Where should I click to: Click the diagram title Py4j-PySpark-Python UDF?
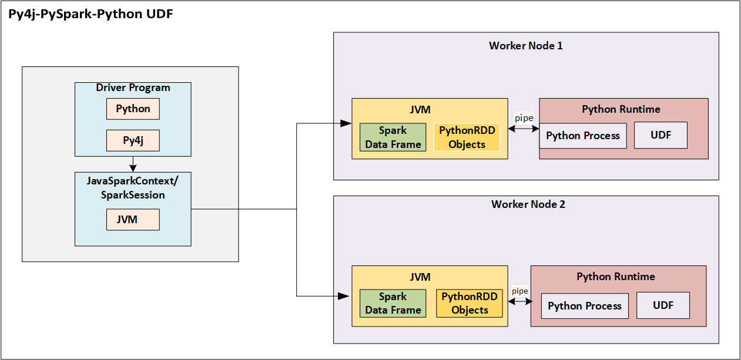[x=90, y=15]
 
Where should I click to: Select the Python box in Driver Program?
[x=133, y=109]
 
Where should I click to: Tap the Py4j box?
[x=133, y=140]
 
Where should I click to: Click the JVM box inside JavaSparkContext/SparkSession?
[x=133, y=220]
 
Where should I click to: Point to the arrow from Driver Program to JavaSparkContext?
[x=133, y=164]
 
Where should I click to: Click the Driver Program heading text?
[x=133, y=88]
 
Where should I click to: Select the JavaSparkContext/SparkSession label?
[x=133, y=187]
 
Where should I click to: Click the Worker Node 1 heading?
[x=525, y=45]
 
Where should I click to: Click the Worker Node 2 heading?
[x=528, y=204]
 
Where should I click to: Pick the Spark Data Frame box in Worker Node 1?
[x=393, y=137]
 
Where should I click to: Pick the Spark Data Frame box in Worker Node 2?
[x=393, y=303]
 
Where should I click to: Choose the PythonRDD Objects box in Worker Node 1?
[x=467, y=137]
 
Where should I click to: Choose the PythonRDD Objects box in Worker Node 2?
[x=469, y=303]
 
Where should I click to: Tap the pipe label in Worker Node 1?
[x=524, y=118]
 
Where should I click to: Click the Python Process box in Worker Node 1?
[x=583, y=136]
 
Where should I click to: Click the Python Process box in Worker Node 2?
[x=585, y=306]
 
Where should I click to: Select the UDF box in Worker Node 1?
[x=660, y=136]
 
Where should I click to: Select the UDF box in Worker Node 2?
[x=663, y=306]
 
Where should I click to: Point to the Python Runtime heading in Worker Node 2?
[x=615, y=277]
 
